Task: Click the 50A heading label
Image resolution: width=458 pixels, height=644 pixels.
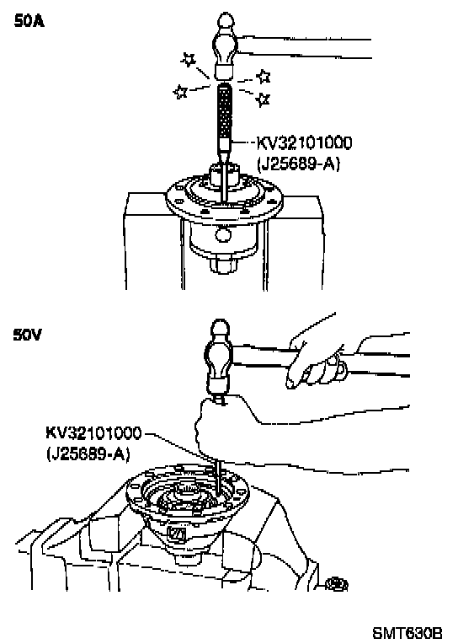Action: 29,21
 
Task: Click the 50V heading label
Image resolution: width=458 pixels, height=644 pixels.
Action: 27,335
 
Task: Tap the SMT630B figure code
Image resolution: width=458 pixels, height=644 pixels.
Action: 407,633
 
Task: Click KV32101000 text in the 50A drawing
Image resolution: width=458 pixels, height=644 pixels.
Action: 304,142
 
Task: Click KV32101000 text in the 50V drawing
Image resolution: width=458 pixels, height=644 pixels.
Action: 93,433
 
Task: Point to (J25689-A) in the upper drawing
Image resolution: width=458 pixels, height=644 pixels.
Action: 298,164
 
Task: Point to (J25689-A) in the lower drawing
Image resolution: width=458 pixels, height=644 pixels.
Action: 88,454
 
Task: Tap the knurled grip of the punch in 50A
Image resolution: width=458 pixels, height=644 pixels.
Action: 223,111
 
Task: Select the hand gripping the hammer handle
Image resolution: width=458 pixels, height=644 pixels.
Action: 315,362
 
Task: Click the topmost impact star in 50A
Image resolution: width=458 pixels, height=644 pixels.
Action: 189,60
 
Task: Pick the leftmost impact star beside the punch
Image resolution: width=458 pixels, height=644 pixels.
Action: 180,91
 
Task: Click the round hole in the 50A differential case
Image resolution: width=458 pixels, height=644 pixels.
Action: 223,235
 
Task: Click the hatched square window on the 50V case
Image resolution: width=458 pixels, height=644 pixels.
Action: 177,534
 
